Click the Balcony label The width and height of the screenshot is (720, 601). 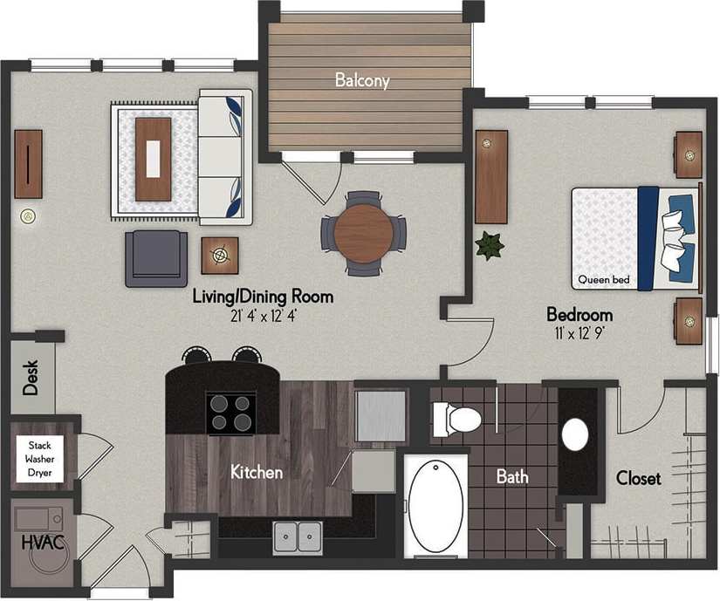[x=362, y=81]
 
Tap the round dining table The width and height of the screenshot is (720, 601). [x=363, y=232]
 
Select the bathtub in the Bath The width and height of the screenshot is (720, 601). [x=435, y=507]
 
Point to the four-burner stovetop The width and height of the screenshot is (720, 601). [x=230, y=413]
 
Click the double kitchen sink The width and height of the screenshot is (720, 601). [x=298, y=536]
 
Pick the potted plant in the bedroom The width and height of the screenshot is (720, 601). [x=490, y=245]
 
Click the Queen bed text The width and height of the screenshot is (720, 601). [x=603, y=281]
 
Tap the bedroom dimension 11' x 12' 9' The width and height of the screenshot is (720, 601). [x=579, y=332]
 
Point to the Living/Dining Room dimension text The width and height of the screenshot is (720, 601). [x=263, y=315]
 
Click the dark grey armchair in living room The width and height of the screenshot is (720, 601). [x=156, y=259]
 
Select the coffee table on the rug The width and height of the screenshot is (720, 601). [x=154, y=159]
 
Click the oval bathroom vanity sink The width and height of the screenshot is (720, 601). [x=575, y=434]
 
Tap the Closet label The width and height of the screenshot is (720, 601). [x=638, y=478]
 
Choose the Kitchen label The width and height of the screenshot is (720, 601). [x=256, y=473]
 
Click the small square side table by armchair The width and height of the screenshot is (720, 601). [x=220, y=256]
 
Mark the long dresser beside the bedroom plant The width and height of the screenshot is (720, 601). [x=491, y=177]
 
